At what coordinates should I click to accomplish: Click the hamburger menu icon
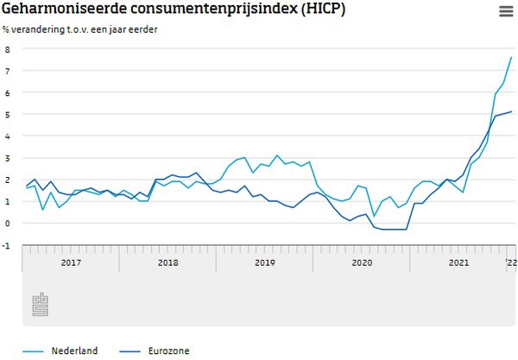click(x=505, y=10)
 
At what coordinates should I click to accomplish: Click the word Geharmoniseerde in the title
click(x=57, y=10)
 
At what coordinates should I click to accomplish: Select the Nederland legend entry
click(x=73, y=351)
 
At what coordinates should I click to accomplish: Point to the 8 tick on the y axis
click(x=6, y=49)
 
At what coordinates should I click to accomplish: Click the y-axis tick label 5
click(x=6, y=114)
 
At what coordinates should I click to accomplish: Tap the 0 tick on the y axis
click(x=6, y=223)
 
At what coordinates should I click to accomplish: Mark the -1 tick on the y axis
click(x=5, y=245)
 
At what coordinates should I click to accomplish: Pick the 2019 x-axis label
click(x=264, y=260)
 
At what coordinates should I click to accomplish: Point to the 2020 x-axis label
click(x=361, y=260)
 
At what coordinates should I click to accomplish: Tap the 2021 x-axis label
click(x=458, y=260)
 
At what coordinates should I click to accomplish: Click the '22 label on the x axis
click(x=509, y=260)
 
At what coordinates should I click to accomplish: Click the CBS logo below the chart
click(x=40, y=304)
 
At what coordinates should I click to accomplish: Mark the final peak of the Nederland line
click(x=511, y=57)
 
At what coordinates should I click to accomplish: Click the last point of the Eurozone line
click(x=511, y=111)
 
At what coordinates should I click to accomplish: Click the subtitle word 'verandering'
click(x=42, y=29)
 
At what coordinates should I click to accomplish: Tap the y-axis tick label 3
click(x=6, y=157)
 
